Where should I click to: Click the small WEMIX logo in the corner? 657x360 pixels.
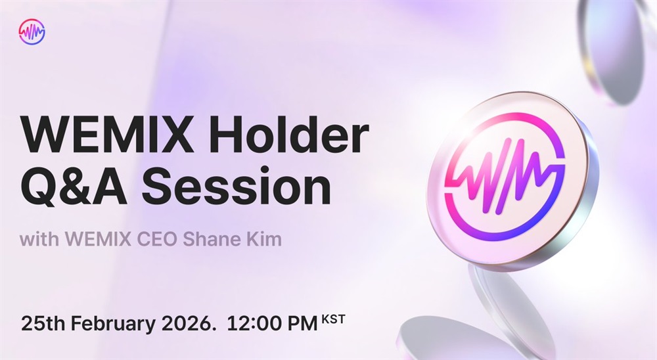pos(32,32)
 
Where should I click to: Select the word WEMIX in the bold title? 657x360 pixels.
pos(106,135)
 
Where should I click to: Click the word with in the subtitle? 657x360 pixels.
pos(39,239)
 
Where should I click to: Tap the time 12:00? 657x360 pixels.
pos(254,323)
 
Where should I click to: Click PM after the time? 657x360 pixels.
pos(302,323)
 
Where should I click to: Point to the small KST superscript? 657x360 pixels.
pos(333,320)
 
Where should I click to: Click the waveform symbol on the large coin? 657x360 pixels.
pos(505,174)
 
